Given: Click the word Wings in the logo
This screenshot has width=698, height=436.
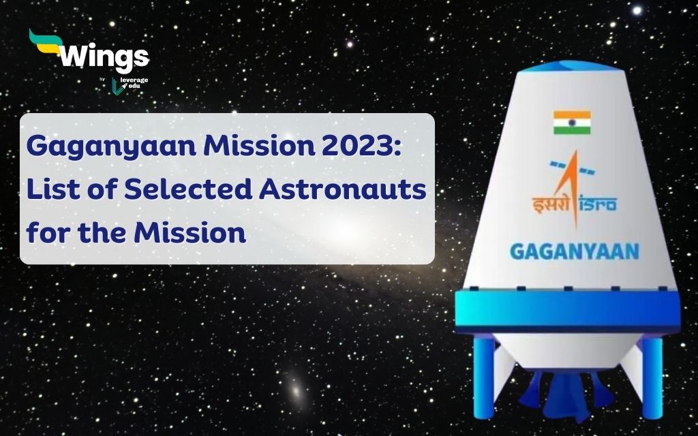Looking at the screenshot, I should [x=104, y=59].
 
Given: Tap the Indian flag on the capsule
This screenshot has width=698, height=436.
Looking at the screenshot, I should [x=571, y=123].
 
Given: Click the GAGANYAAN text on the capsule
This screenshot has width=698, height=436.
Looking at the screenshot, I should [x=575, y=251].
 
